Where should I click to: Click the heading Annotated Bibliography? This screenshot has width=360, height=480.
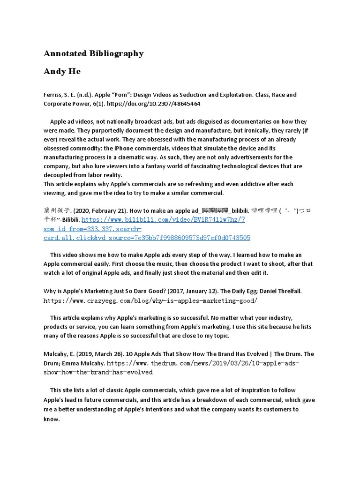click(93, 53)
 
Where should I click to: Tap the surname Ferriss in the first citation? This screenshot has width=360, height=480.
click(53, 95)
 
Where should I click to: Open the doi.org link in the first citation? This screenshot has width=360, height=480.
click(161, 104)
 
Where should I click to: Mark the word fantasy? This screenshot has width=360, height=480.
click(154, 166)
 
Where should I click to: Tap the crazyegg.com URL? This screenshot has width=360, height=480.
click(150, 300)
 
